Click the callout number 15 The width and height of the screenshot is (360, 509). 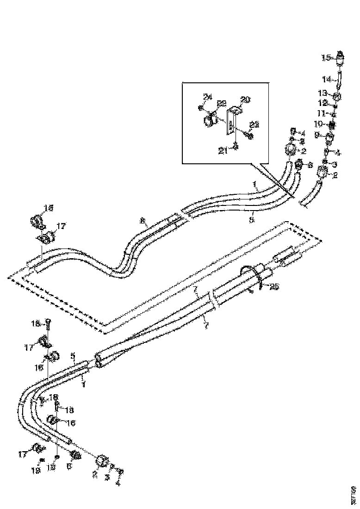(327, 58)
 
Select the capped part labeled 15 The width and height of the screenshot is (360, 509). (341, 59)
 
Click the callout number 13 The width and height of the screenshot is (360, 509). (323, 93)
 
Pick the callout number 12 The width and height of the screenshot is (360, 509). (323, 102)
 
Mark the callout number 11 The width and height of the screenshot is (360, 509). (322, 113)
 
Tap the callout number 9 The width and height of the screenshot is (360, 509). (317, 135)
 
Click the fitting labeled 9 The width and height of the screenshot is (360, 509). (330, 138)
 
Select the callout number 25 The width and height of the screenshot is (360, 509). (274, 287)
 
